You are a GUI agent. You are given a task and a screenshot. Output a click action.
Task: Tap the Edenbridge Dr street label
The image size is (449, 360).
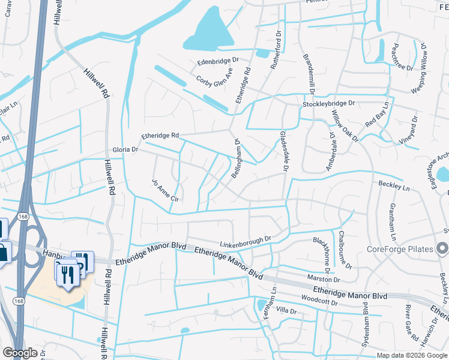pos(218,61)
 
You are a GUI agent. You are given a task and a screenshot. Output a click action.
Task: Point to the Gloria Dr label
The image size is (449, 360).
pos(125,149)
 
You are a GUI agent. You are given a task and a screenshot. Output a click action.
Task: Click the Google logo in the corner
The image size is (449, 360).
pos(20,353)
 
